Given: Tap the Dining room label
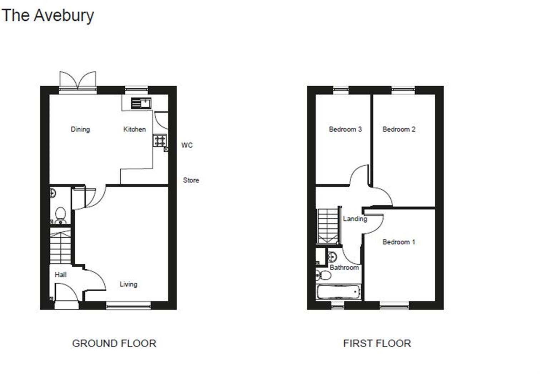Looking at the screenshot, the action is coord(80,129).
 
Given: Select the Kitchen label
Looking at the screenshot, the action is coord(135,129).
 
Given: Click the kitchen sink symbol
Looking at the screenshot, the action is coord(141,103).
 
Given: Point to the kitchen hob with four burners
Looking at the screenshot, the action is coord(160,140).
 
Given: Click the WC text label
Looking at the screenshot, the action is coord(187,145).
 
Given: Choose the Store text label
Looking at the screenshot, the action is coord(191,180).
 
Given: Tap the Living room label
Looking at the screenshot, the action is coord(129,284).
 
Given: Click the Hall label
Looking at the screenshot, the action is coord(60,275).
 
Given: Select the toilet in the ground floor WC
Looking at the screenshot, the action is coord(60,216).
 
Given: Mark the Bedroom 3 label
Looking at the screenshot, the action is coord(345,129).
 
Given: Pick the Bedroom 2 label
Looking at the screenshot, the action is coord(399,129).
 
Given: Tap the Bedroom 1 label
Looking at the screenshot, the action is coord(399,242).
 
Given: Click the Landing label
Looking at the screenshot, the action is coord(355,219).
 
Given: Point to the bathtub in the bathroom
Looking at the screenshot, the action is coord(339,292).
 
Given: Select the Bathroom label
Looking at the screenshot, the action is coord(344,268).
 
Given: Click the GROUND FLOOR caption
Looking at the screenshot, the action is coord(114,343).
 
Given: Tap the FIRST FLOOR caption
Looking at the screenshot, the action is coord(377,343).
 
